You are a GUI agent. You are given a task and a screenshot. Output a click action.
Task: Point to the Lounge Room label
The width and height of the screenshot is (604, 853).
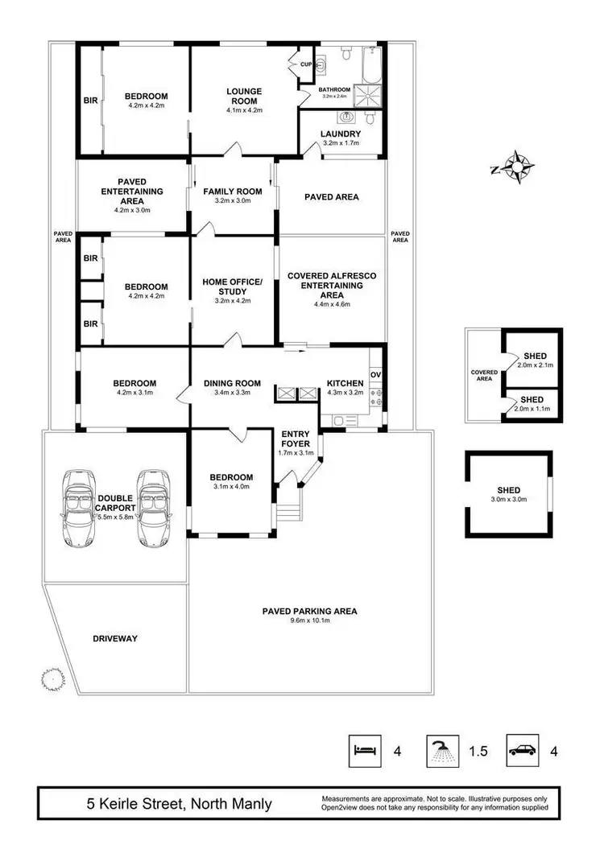coord(244,96)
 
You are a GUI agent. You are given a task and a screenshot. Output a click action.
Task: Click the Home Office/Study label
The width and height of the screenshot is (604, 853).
coord(234,286)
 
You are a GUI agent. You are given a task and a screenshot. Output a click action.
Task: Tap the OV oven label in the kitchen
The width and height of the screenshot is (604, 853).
coord(375,375)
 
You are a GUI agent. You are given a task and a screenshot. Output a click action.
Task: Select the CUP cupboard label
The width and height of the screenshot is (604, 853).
coord(306,64)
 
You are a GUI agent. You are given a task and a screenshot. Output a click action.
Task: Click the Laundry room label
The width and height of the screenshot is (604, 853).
coord(341,134)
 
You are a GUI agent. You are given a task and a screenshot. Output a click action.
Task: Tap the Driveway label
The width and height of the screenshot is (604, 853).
coord(115,638)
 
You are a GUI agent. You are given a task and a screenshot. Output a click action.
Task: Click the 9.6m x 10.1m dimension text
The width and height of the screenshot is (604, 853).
coord(310,620)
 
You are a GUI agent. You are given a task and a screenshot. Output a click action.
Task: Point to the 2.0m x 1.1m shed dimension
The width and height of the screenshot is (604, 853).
coord(532,410)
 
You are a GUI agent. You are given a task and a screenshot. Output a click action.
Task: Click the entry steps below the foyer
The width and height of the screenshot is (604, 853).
coord(287,510)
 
